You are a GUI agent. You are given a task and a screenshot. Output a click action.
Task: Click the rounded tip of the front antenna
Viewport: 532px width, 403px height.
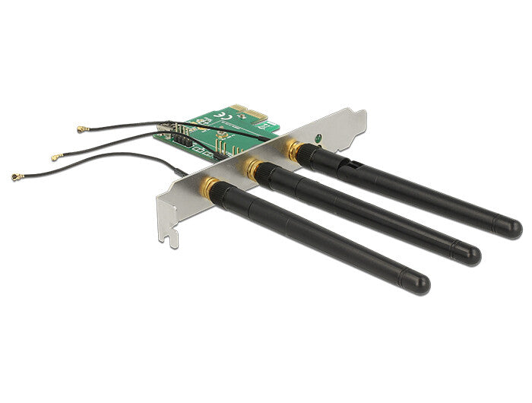420,284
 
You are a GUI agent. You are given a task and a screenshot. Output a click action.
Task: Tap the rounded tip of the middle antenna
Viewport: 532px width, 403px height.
471,255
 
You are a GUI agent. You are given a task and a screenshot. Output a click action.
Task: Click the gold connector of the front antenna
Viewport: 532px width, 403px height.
208,186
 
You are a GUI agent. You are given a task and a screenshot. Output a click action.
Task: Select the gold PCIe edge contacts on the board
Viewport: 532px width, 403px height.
251,113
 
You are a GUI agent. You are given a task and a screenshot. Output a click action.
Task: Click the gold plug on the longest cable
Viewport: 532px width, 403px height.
16,176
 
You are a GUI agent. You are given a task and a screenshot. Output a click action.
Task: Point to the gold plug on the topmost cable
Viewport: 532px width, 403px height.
79,130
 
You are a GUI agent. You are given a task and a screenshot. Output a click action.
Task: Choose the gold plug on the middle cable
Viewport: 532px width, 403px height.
55,157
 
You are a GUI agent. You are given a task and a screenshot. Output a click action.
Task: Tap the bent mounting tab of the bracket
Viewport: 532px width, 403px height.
357,117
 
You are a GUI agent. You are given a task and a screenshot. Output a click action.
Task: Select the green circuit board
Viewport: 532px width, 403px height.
205,129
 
